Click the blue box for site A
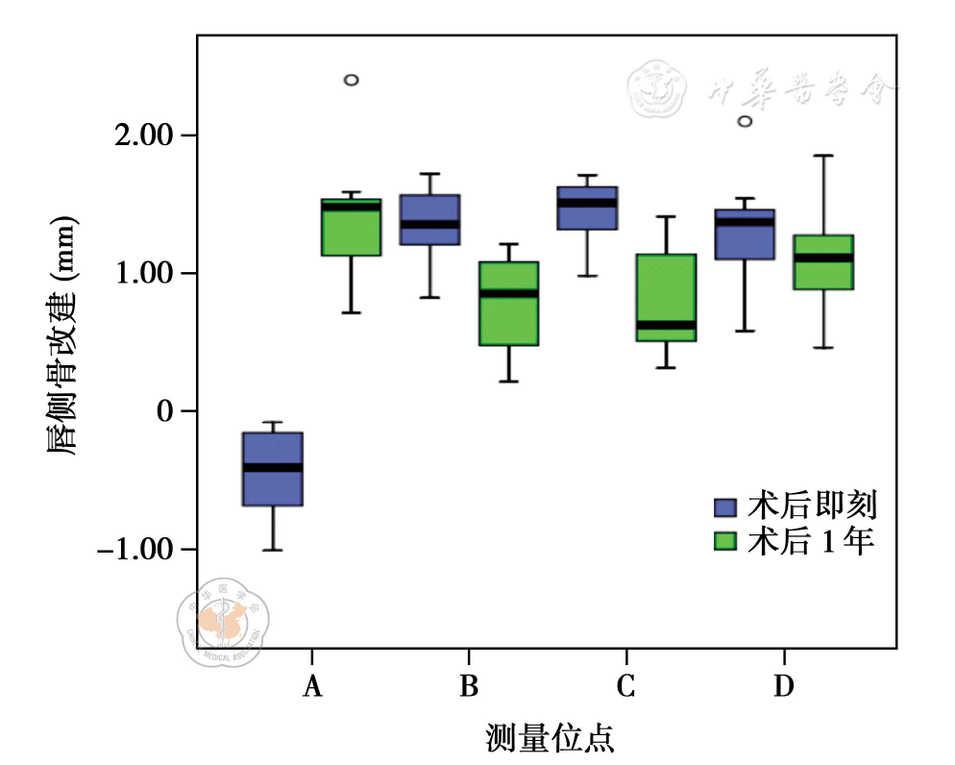273,469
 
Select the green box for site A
351,228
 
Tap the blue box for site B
429,220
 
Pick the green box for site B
508,303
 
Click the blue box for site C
586,208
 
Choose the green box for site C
665,298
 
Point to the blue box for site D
745,234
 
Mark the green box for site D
822,262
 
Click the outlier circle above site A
352,80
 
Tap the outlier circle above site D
745,121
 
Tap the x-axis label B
469,686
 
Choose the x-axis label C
625,686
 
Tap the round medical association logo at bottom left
224,622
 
